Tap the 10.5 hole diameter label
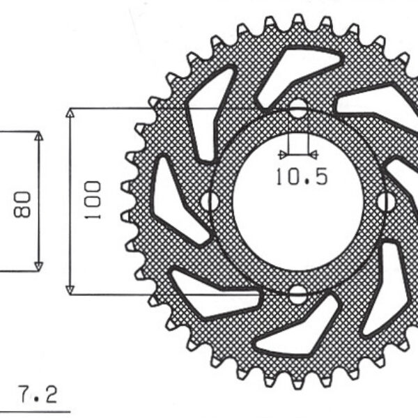(300, 178)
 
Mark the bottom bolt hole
(297, 293)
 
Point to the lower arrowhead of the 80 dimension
(38, 265)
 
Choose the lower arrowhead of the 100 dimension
(70, 289)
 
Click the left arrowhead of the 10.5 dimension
(282, 154)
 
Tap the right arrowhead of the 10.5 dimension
(313, 154)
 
